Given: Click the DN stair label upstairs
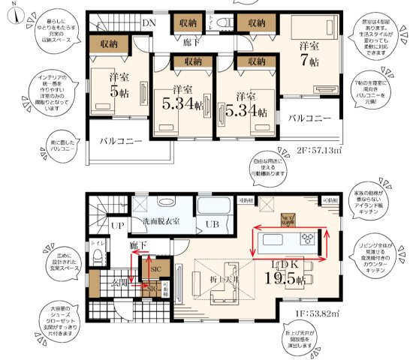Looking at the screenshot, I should [x=149, y=22].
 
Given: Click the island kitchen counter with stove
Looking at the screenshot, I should [x=288, y=240].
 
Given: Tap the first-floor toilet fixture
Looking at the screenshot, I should [x=97, y=256].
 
